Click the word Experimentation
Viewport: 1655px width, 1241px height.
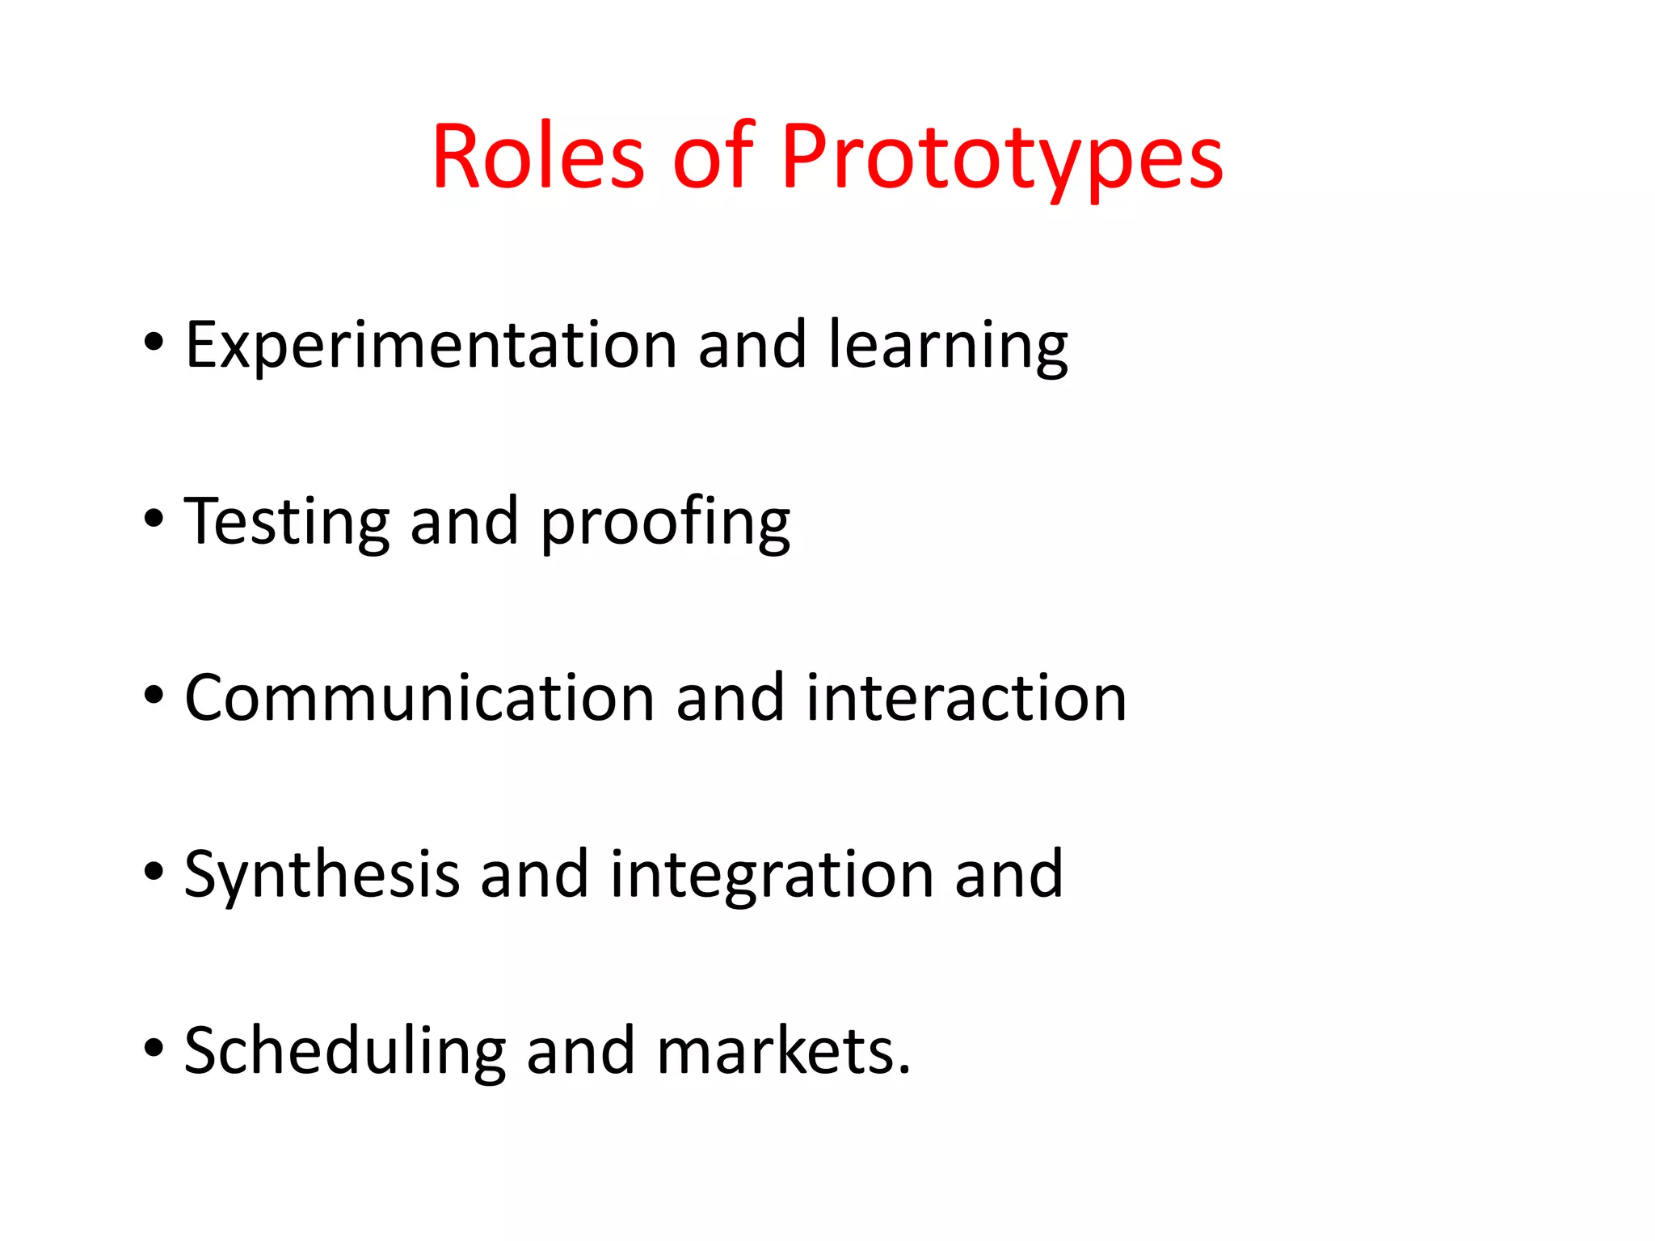[x=431, y=346]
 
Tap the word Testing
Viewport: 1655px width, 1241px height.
[x=286, y=523]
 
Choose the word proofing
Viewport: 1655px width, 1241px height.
[x=665, y=523]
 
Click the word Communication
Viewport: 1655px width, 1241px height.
[x=419, y=698]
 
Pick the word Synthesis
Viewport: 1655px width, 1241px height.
[x=322, y=876]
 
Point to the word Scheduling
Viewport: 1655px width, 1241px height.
[x=345, y=1052]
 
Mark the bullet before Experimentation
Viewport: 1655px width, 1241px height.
[x=154, y=343]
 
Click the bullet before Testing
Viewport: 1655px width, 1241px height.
[x=154, y=520]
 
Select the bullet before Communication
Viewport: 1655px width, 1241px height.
[x=154, y=696]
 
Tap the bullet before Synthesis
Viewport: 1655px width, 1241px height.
[x=154, y=872]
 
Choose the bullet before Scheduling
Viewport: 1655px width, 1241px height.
[x=154, y=1049]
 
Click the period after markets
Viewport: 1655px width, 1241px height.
[x=903, y=1071]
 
